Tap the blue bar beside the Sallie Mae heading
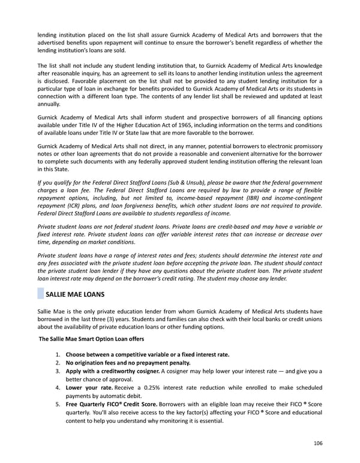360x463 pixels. click(x=40, y=295)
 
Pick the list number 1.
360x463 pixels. click(x=58, y=354)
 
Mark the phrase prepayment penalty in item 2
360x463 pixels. click(x=163, y=363)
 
